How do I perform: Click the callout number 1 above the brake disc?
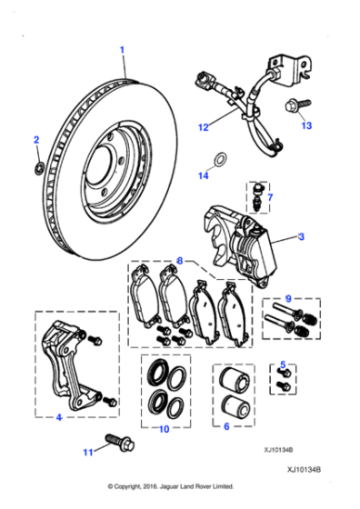(123, 47)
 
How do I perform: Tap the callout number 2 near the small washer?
(36, 139)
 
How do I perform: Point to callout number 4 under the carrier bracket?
(57, 418)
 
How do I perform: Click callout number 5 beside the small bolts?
(284, 364)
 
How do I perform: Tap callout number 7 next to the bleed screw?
(270, 196)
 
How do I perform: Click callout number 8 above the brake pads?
(179, 261)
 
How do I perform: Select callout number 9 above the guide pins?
(287, 298)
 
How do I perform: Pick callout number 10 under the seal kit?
(164, 428)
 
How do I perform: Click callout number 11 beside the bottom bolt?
(87, 452)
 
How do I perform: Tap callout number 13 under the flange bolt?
(306, 125)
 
